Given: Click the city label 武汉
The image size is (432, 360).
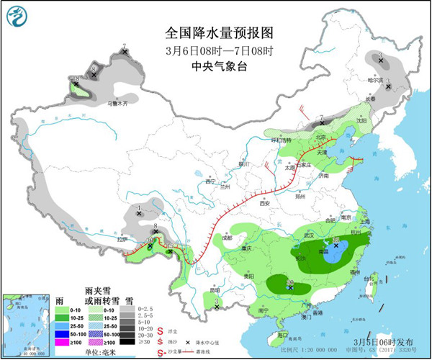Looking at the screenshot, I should pos(310,235).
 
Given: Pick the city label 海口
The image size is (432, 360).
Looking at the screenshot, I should pos(285,335).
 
